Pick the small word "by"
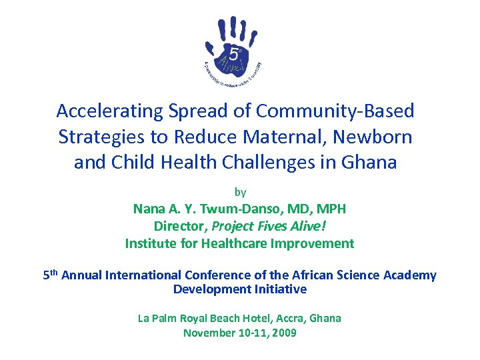[x=240, y=193]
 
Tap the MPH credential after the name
[x=331, y=209]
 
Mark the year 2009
[x=283, y=333]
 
